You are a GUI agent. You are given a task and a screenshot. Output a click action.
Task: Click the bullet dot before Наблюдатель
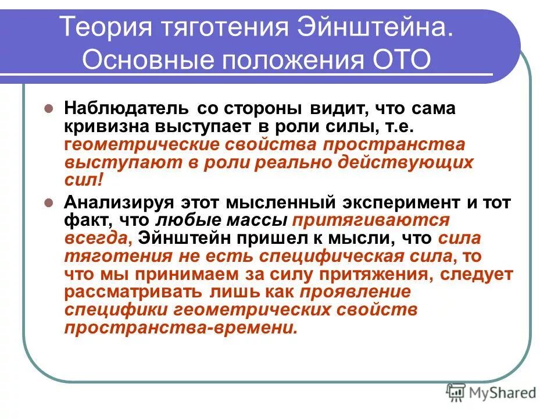[50, 109]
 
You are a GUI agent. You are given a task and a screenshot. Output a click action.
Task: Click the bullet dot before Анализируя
[50, 203]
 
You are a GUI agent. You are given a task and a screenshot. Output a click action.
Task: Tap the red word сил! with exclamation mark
[83, 180]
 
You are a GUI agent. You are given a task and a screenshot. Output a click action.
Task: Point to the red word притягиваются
[371, 221]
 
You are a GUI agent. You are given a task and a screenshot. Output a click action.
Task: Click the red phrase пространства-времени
[181, 328]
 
